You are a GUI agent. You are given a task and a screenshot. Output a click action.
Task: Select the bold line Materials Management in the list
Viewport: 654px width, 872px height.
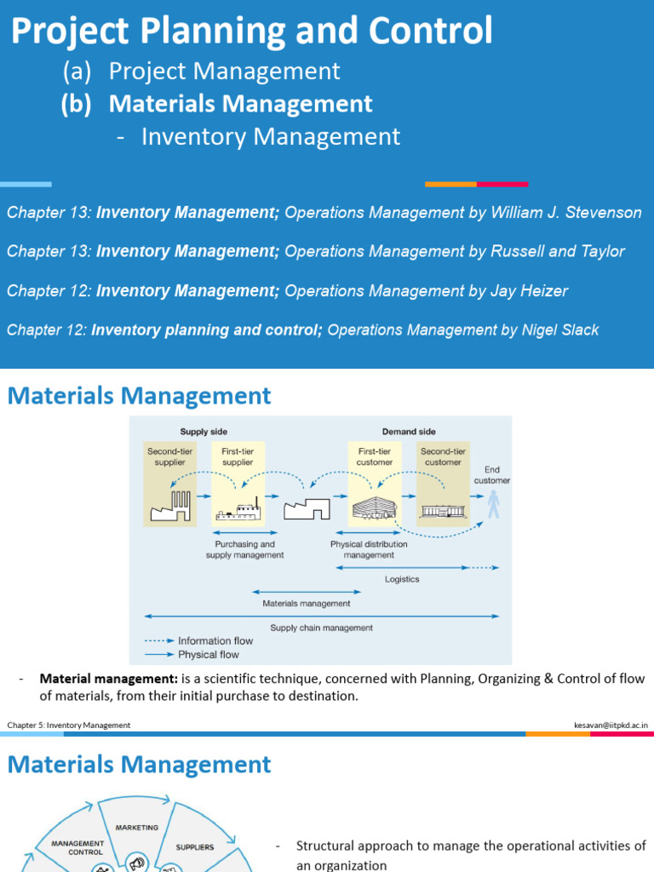coord(241,104)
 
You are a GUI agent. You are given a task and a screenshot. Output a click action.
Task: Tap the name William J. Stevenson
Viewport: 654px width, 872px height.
coord(566,213)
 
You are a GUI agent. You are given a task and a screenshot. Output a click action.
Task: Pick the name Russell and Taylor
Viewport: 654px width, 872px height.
coord(558,252)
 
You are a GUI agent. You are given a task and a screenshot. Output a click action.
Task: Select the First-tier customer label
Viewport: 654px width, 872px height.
coord(375,456)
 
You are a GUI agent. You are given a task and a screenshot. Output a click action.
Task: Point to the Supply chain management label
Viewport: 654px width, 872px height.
coord(322,628)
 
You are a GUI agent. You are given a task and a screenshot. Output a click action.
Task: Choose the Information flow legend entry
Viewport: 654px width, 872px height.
coord(204,640)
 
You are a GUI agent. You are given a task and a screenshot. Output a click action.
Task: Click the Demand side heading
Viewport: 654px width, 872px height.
coord(409,432)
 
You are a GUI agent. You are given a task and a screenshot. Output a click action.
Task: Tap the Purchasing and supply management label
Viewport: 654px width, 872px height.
coord(245,549)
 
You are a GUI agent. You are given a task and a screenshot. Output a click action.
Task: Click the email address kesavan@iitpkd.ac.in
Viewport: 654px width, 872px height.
coord(611,725)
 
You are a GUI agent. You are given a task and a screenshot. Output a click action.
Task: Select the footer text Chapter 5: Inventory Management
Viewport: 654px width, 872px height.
coord(69,725)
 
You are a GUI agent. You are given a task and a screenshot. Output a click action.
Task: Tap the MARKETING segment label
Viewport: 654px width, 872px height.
coord(137,827)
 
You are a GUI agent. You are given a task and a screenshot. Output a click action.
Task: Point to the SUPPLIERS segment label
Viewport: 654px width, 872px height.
coord(195,847)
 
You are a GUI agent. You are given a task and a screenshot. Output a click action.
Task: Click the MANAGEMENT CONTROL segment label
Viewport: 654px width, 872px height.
coord(77,847)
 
